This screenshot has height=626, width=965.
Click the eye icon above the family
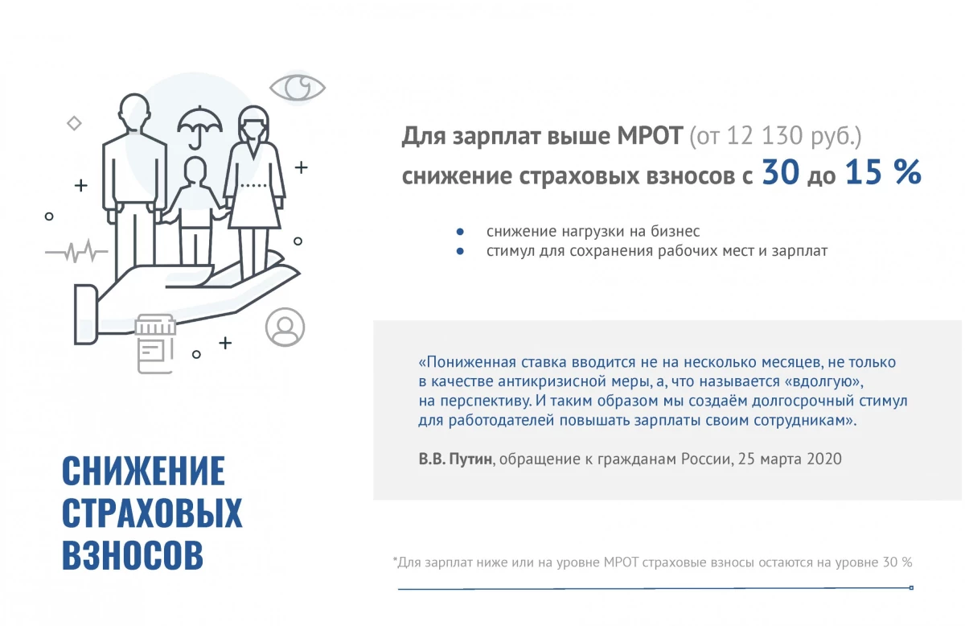coord(298,88)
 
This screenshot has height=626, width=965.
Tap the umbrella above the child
coord(199,122)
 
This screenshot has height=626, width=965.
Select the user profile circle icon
coord(285,327)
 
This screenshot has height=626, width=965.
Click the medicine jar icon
coord(155,344)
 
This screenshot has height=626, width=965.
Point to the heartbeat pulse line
coord(76,251)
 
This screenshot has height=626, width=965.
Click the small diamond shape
coord(74,123)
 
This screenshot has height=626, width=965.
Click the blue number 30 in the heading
coord(781,172)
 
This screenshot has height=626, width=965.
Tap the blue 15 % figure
coord(883,172)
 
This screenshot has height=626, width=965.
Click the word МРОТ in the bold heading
coord(650,136)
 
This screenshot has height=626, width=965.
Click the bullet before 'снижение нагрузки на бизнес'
coord(460,232)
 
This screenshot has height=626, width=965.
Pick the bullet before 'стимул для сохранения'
coord(460,251)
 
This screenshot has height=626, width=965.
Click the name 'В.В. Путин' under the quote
coord(455,459)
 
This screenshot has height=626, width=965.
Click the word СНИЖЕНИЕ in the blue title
coord(143,471)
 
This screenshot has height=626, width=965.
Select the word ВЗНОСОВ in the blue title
coord(133,555)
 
